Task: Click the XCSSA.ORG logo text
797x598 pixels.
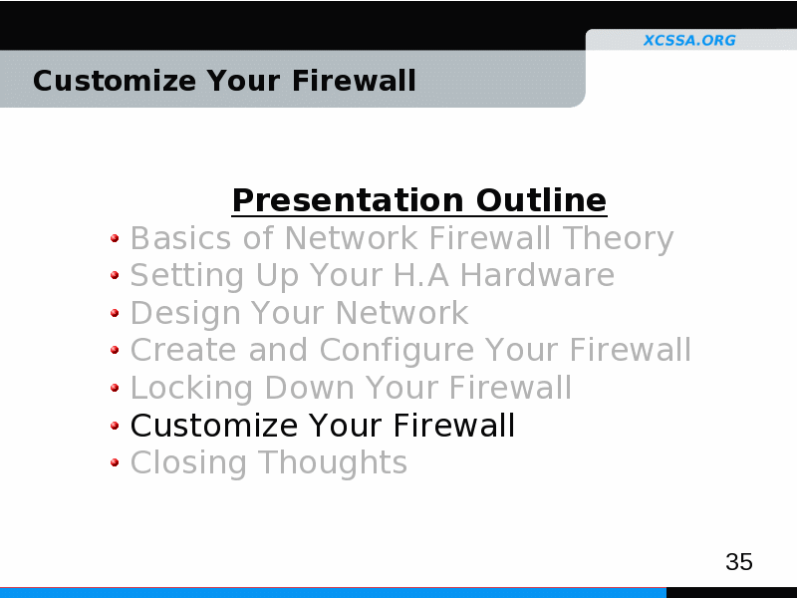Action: [x=689, y=40]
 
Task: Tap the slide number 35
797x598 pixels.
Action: [x=739, y=562]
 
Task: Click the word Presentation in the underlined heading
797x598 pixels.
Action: [x=348, y=200]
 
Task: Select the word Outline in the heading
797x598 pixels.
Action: [x=541, y=200]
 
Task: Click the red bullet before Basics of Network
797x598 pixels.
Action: [x=115, y=238]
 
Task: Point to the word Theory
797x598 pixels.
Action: [x=618, y=239]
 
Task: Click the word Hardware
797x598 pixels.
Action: [x=537, y=275]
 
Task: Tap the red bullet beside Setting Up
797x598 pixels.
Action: [x=115, y=275]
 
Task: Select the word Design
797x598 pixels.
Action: [x=185, y=314]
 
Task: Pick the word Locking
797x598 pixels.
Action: [x=191, y=389]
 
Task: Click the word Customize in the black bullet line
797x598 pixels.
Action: [x=214, y=426]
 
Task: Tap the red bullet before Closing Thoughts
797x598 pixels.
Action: [x=115, y=462]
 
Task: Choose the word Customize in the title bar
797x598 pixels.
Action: [x=115, y=81]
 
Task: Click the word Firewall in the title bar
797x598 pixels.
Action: [x=354, y=81]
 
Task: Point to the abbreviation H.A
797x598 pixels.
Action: [x=421, y=275]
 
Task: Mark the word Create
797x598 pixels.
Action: [x=183, y=350]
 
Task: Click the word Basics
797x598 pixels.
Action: [x=181, y=238]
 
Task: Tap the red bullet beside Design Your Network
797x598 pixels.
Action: [x=115, y=313]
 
